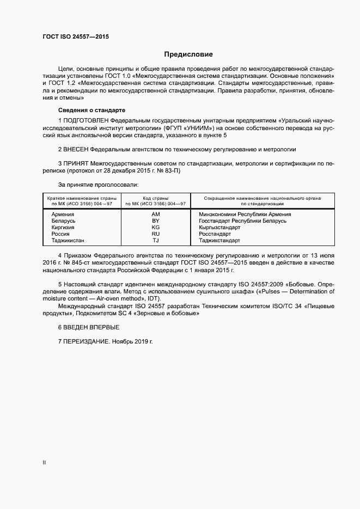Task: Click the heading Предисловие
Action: tap(188, 54)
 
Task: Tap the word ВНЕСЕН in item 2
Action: tap(76, 149)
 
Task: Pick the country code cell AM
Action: tap(155, 214)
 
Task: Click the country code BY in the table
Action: tap(155, 220)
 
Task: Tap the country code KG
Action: tap(155, 227)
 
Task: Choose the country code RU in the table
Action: tap(155, 234)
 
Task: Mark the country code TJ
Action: tap(155, 240)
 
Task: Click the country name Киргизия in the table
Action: tap(63, 227)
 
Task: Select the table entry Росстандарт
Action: tap(216, 234)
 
